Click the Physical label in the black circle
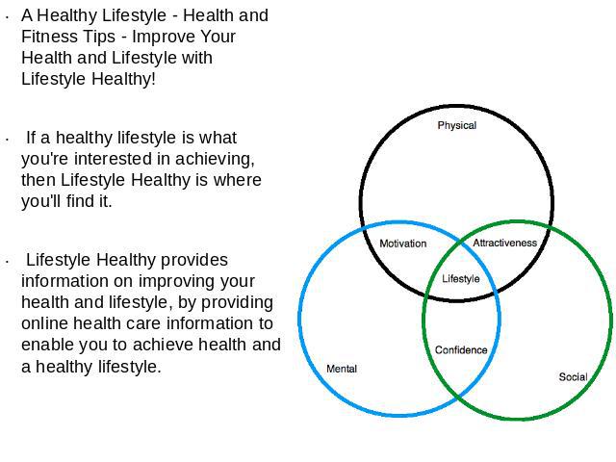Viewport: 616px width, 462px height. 457,125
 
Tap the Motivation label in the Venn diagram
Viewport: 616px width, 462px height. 403,244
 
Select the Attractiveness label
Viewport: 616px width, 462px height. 504,243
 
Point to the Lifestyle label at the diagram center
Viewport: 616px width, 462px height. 461,279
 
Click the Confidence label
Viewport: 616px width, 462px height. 461,350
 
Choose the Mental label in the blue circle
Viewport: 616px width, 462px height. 342,369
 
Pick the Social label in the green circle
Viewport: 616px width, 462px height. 574,377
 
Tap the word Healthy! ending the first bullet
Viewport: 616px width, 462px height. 124,79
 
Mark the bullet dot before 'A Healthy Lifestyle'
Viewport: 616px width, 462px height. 8,17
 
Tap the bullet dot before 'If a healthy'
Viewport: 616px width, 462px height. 8,140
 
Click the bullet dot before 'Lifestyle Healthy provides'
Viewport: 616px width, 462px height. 8,262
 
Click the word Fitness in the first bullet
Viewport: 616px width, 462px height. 43,37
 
